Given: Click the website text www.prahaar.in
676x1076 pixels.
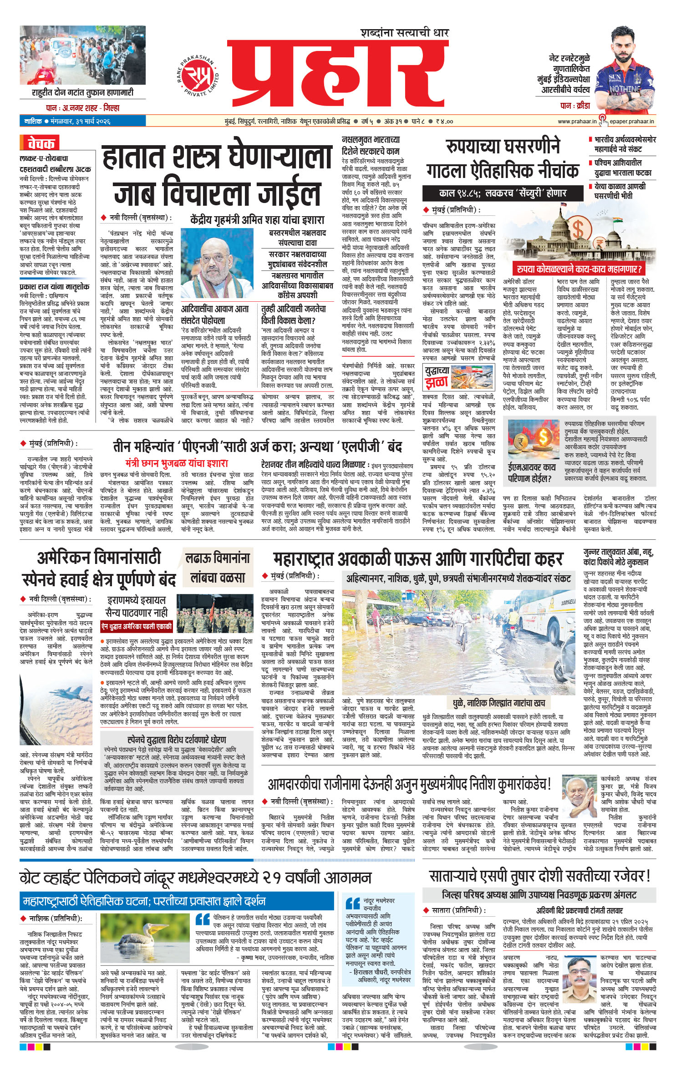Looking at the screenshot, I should coord(577,122).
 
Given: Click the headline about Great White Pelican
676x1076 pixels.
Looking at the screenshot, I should coord(196,877).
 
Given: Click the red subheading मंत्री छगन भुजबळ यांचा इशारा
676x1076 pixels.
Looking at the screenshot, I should coord(177,463).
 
